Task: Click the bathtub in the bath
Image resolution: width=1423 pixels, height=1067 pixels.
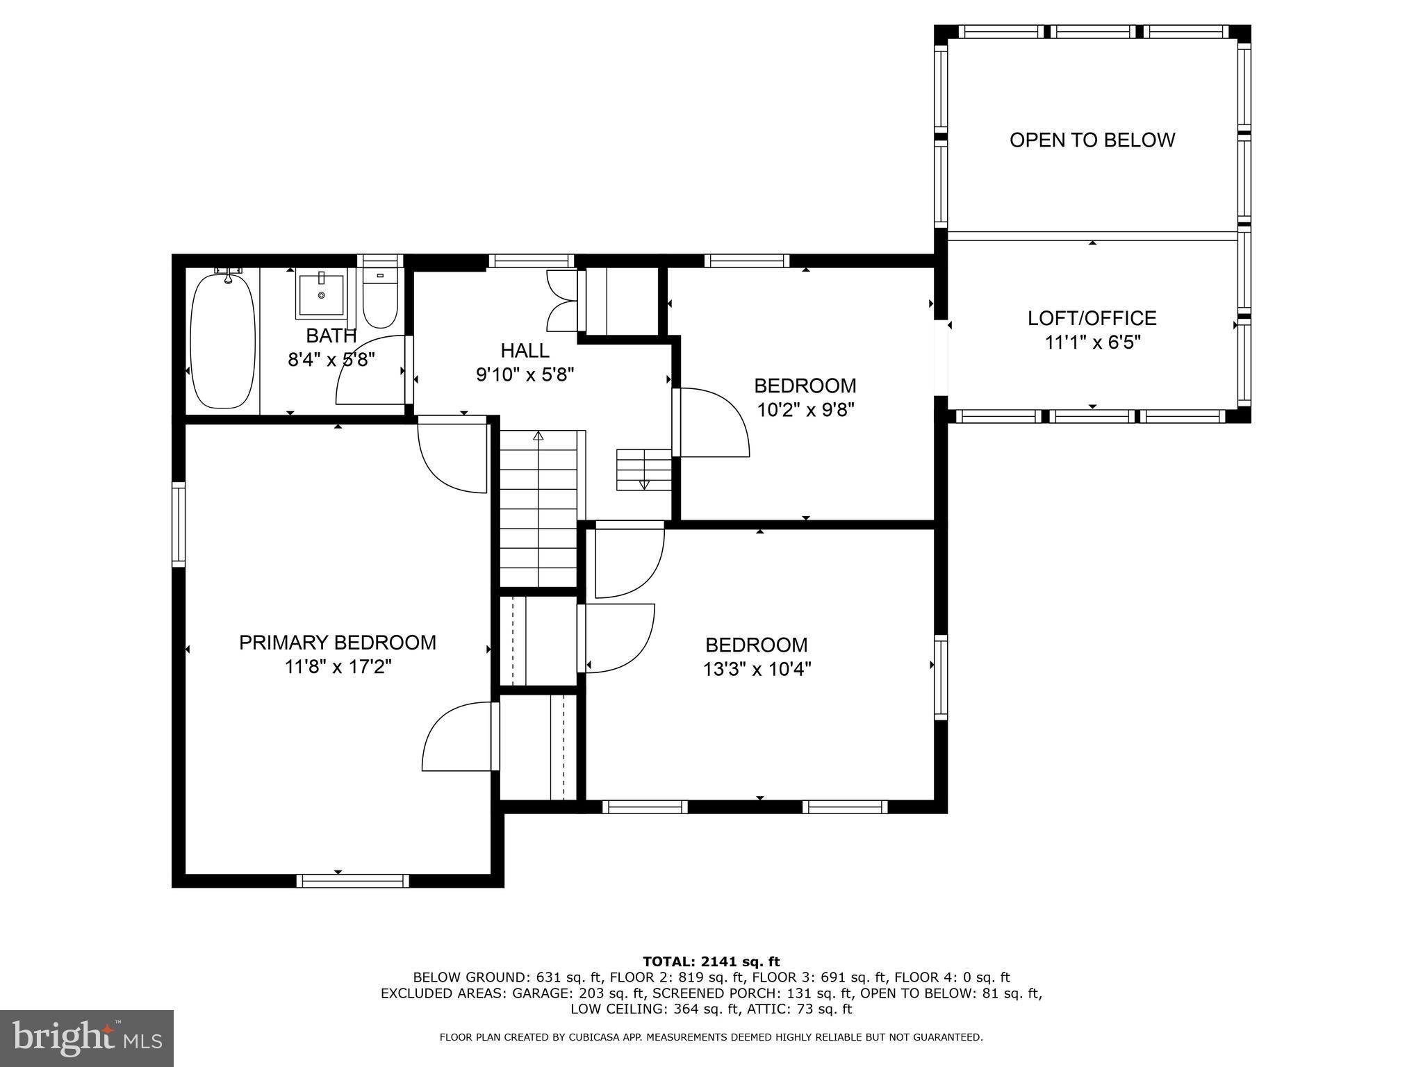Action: click(x=222, y=342)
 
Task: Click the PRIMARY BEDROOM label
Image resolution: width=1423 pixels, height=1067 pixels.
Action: click(x=338, y=643)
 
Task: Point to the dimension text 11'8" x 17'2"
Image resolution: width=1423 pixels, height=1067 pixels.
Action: click(x=338, y=667)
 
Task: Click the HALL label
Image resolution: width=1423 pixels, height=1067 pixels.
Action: click(x=525, y=350)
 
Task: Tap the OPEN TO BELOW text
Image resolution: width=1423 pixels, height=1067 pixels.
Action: click(x=1092, y=140)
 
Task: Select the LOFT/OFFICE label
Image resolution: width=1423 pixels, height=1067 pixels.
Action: click(x=1092, y=318)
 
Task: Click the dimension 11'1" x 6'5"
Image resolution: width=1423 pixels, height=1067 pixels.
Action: click(x=1092, y=342)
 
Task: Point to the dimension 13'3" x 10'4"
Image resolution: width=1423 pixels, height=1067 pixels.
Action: click(x=757, y=670)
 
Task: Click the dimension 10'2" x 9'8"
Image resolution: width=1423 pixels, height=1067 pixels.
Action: click(x=805, y=410)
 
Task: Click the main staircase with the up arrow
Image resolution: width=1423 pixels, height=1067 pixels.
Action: click(x=538, y=509)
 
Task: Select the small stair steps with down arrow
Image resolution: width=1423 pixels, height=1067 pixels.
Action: click(x=644, y=470)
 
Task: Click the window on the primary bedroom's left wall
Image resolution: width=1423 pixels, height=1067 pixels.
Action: click(x=179, y=524)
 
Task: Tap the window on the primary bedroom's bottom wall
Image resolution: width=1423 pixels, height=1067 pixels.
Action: click(x=353, y=881)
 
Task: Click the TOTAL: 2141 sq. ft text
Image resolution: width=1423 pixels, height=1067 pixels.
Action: click(x=711, y=961)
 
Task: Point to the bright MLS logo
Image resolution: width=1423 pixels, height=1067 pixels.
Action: click(x=87, y=1038)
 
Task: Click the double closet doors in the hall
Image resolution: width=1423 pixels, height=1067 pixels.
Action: click(x=564, y=301)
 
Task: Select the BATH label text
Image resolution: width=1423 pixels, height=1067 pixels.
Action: click(x=331, y=336)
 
